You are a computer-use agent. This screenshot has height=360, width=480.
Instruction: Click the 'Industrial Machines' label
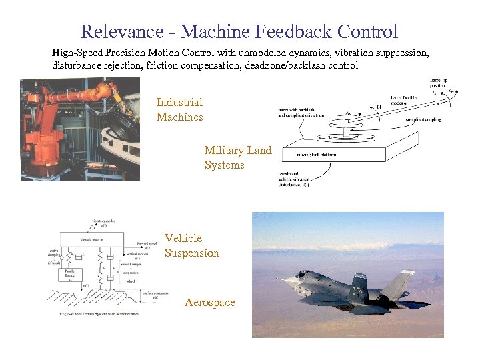[x=179, y=109]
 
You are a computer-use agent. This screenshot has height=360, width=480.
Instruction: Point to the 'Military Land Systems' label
[x=238, y=158]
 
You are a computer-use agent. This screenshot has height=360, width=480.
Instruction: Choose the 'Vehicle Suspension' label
[x=192, y=245]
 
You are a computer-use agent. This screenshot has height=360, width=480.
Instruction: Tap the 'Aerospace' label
[x=210, y=303]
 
